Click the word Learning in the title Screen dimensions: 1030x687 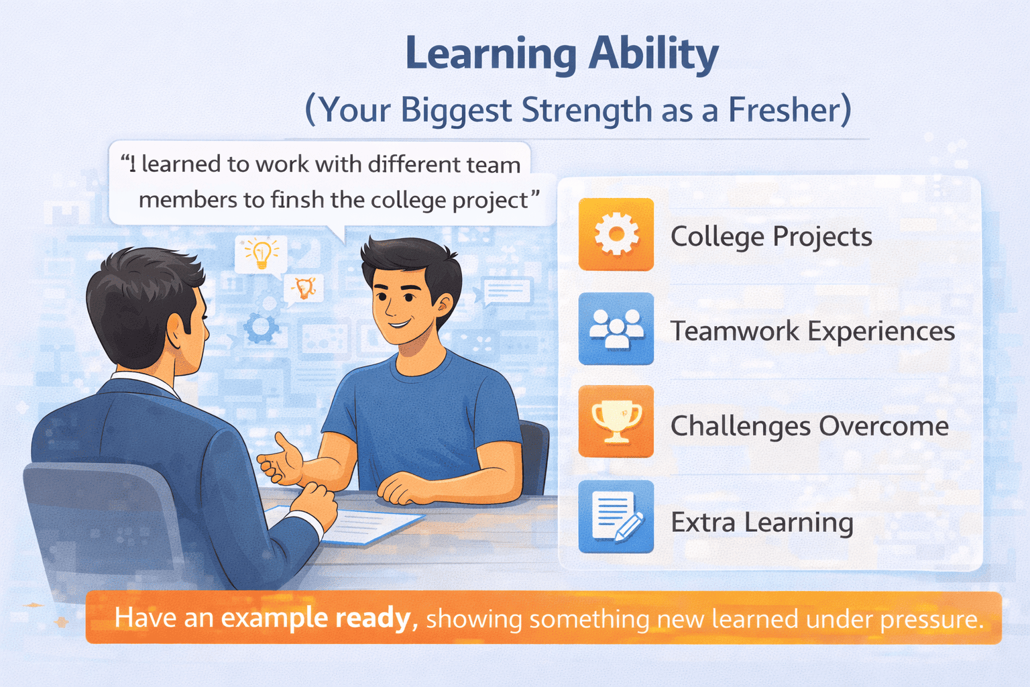491,55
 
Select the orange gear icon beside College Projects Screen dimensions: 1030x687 616,234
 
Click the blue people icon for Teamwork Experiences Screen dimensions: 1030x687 616,329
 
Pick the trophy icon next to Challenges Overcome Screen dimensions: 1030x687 616,421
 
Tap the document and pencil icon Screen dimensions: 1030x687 616,517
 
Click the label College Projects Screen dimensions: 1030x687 771,237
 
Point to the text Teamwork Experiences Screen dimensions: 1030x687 813,331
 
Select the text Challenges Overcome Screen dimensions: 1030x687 809,426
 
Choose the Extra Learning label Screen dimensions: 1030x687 762,522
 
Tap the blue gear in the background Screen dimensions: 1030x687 261,327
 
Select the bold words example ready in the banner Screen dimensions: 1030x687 315,618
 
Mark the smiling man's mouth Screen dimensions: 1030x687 398,324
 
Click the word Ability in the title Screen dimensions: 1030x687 653,55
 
